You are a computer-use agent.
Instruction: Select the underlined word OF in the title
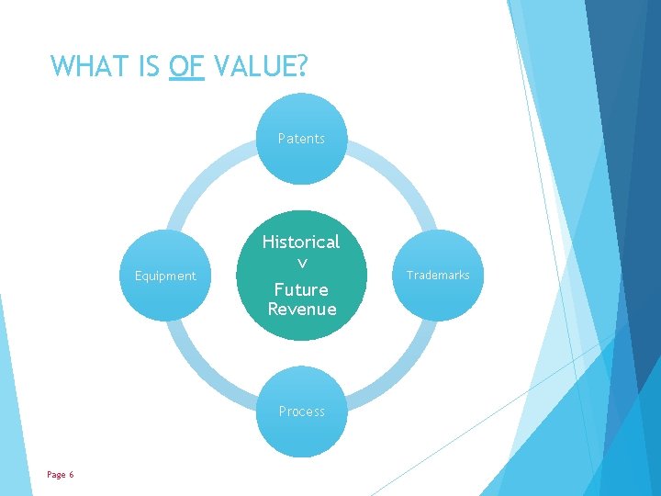[187, 66]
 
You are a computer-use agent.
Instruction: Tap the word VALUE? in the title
[261, 66]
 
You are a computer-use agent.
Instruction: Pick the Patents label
[301, 139]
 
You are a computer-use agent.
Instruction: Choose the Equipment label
[165, 276]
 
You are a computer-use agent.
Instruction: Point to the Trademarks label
[438, 275]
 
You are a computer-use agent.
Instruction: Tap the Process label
[301, 411]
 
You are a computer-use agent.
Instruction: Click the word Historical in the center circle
[301, 242]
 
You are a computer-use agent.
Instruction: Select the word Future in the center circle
[301, 289]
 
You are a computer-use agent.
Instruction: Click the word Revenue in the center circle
[301, 309]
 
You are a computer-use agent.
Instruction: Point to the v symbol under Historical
[301, 265]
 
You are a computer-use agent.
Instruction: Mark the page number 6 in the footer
[71, 474]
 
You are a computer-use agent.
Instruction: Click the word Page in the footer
[56, 474]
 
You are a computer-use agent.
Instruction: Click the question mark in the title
[303, 66]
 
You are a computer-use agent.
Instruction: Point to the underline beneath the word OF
[187, 80]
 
